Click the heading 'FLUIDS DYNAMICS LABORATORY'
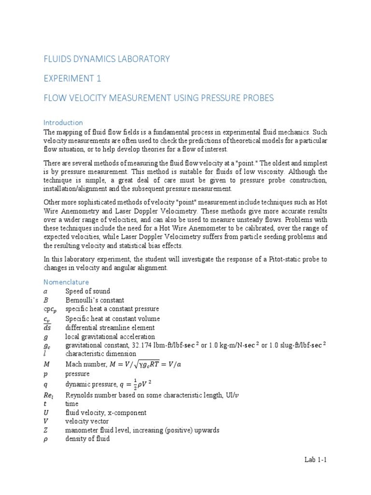pyautogui.click(x=107, y=59)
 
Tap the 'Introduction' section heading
pyautogui.click(x=63, y=122)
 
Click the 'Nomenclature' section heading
pyautogui.click(x=66, y=282)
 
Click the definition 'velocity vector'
pyautogui.click(x=87, y=421)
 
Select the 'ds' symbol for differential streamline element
pyautogui.click(x=47, y=328)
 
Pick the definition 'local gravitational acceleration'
pyautogui.click(x=110, y=336)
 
